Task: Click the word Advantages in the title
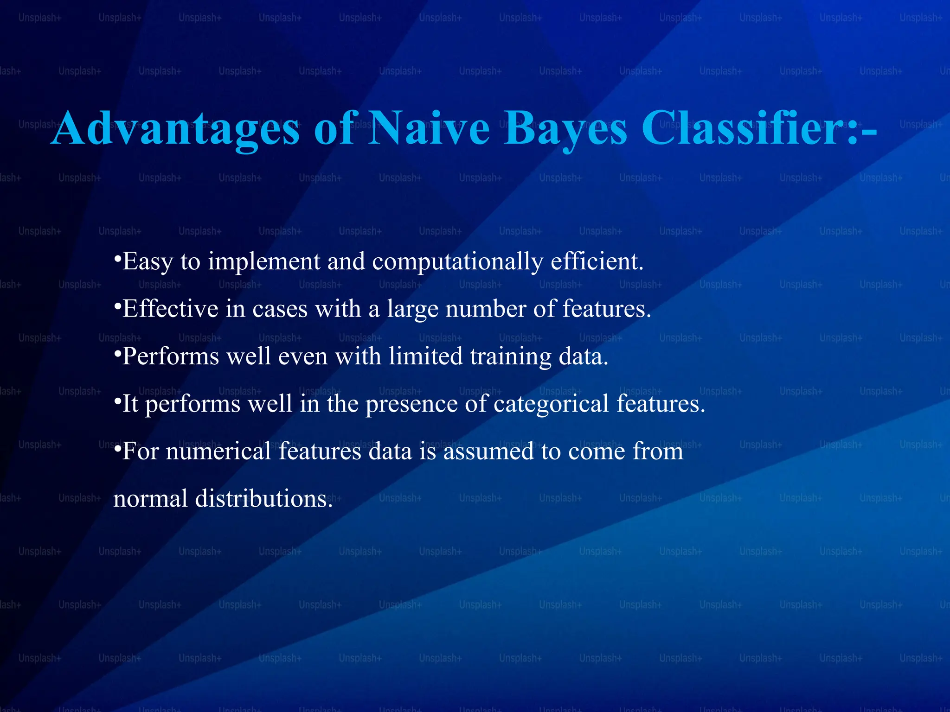click(x=175, y=129)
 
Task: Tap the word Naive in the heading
click(x=429, y=128)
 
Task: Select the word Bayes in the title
click(x=565, y=129)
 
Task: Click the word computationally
click(x=457, y=262)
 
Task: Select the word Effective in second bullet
click(x=170, y=309)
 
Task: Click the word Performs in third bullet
click(x=170, y=357)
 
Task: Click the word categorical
click(x=551, y=404)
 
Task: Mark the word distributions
click(x=263, y=499)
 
